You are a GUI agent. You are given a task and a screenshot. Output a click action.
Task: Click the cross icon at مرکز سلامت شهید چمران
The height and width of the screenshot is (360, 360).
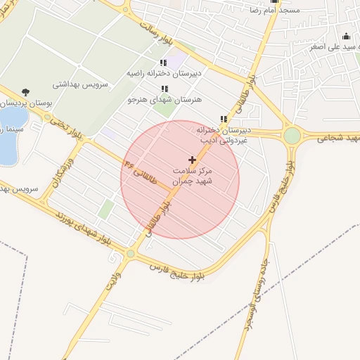pos(193,160)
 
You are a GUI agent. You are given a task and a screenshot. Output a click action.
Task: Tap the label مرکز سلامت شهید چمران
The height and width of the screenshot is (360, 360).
pos(193,176)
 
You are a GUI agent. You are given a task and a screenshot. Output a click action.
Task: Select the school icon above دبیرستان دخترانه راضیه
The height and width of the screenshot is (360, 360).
pos(164,63)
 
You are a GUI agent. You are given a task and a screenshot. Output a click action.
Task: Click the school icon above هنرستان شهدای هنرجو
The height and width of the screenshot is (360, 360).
pos(165,89)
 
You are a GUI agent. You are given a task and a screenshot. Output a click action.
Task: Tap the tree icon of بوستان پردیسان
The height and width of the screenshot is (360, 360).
pos(26,92)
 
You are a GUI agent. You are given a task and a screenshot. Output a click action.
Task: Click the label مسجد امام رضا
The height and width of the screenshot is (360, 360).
pos(270,11)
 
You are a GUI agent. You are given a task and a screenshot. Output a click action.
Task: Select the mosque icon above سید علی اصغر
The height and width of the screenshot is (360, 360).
pos(345,37)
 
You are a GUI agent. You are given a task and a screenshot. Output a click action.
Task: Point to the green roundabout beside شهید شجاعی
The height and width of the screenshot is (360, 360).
pos(292,136)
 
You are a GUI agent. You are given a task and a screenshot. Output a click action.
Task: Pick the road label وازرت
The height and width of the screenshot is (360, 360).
pos(113,282)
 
